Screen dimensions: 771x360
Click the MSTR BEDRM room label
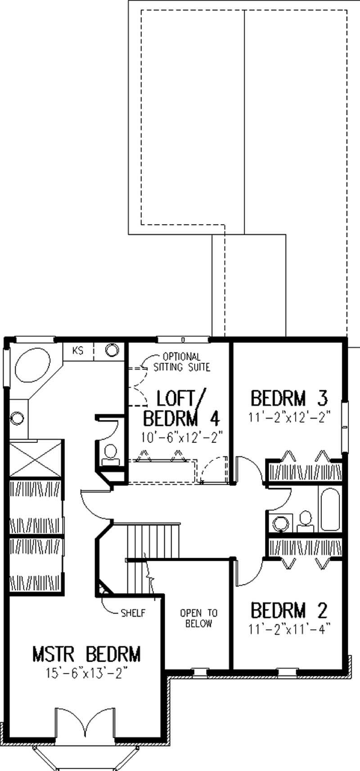coord(86,654)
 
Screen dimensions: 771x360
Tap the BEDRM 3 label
coord(289,398)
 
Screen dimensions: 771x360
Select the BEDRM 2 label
coord(289,611)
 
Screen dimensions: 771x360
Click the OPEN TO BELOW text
coord(198,618)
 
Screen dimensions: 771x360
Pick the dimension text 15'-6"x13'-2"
coord(86,673)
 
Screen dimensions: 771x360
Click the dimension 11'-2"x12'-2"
coord(289,417)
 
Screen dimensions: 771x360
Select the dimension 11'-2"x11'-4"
coord(289,629)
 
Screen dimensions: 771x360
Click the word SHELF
coord(133,613)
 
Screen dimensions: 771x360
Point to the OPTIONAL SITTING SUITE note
coord(182,362)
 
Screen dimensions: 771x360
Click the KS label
coord(78,351)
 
